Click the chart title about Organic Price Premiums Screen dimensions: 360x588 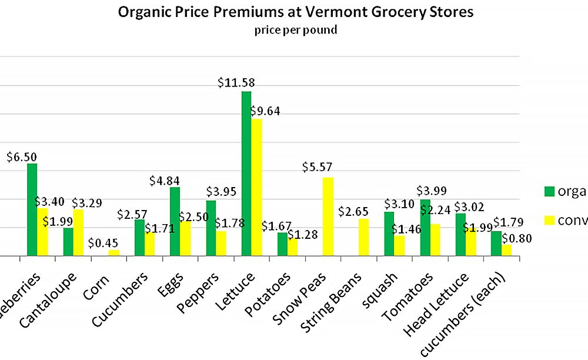click(x=296, y=12)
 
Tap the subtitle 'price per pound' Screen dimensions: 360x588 click(x=296, y=30)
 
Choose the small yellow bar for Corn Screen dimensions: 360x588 click(x=114, y=253)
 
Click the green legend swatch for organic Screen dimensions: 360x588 click(x=549, y=191)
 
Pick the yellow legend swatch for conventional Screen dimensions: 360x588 click(x=549, y=220)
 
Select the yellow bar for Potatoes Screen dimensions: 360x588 click(x=292, y=247)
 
